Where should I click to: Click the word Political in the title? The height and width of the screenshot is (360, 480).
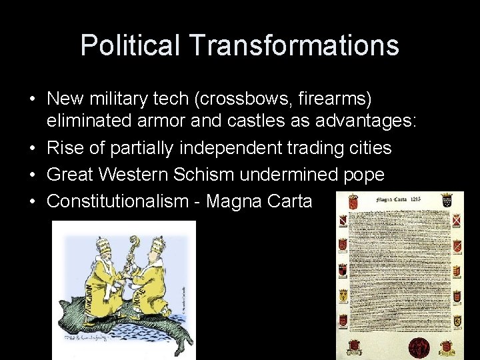130,45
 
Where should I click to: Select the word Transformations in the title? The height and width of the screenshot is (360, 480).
294,45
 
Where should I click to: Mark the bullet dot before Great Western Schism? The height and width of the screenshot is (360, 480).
33,175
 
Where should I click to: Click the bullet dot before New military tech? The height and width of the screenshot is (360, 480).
33,99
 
